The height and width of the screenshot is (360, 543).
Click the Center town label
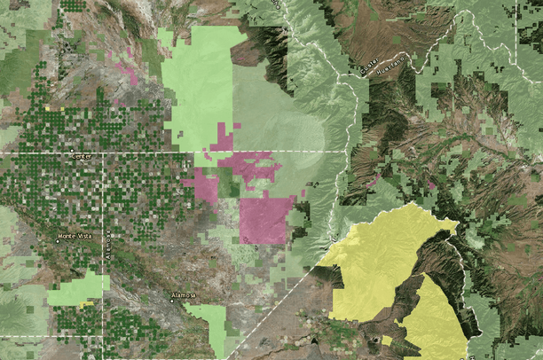point(82,157)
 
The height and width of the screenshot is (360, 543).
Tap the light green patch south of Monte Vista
point(78,289)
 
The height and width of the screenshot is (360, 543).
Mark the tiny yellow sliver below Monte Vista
point(86,304)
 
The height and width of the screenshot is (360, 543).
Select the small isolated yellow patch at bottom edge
point(387,340)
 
